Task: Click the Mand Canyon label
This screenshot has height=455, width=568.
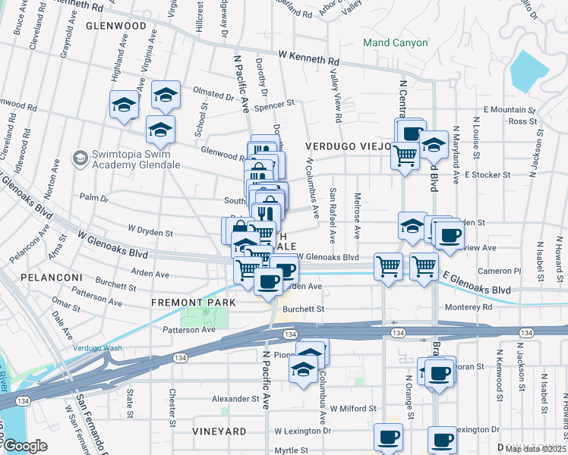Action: [395, 42]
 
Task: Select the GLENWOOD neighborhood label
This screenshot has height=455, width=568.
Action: [115, 25]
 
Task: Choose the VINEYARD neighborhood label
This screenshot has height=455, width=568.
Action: [219, 431]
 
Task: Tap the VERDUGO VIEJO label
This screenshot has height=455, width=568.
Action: [348, 145]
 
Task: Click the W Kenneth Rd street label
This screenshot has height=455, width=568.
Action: [309, 58]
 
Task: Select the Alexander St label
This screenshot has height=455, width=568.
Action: [235, 399]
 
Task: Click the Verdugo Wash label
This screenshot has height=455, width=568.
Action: [97, 348]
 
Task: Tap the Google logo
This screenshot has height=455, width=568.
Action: [25, 445]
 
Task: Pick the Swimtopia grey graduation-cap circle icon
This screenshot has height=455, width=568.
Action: [80, 158]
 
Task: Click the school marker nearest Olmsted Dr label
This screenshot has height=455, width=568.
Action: [166, 95]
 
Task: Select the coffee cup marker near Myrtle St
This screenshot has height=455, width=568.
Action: [390, 438]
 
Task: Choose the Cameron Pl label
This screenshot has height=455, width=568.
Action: [504, 271]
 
